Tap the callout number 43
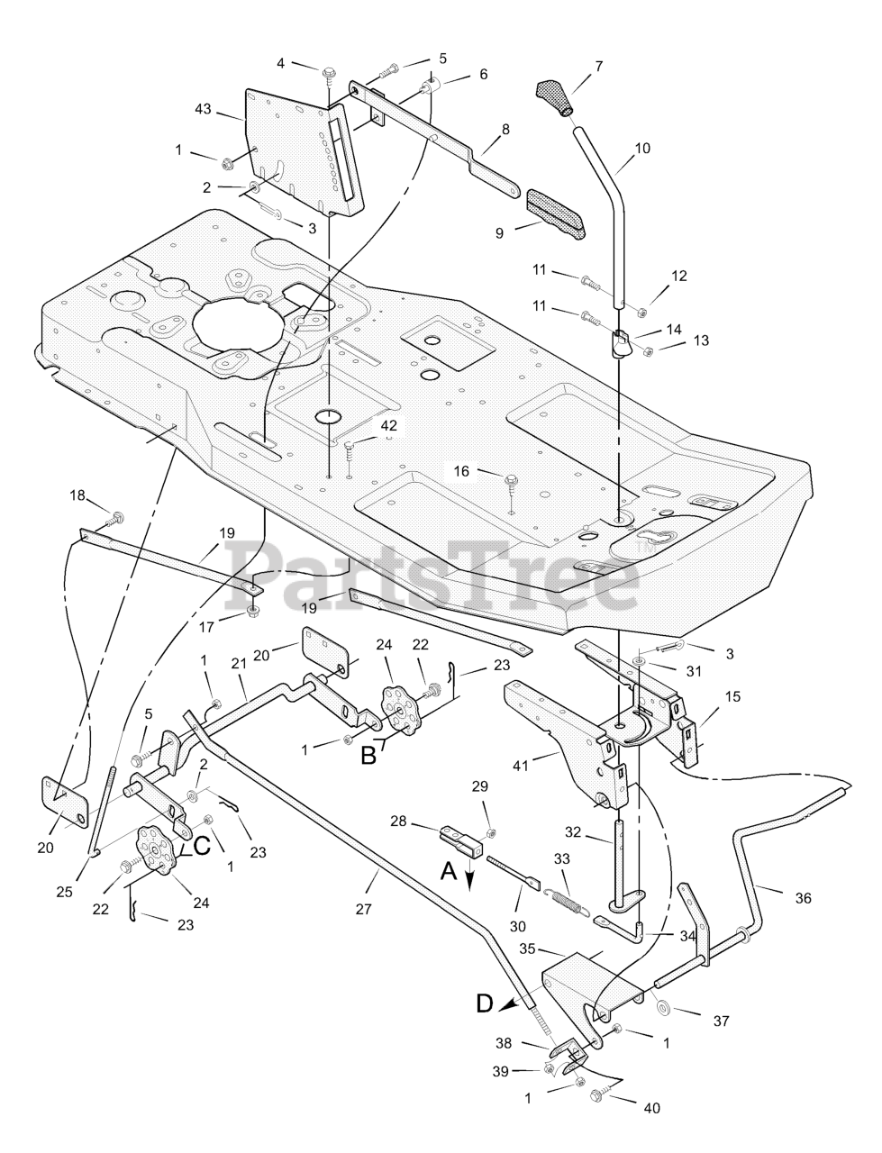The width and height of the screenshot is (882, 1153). click(x=203, y=109)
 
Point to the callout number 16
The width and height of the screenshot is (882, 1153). click(x=461, y=470)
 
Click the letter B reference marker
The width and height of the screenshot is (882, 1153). click(x=368, y=755)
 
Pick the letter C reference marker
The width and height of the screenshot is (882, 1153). click(x=203, y=846)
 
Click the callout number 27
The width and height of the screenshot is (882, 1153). click(x=363, y=909)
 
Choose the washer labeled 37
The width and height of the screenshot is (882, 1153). click(x=664, y=1005)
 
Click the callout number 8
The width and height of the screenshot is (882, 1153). click(x=505, y=129)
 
